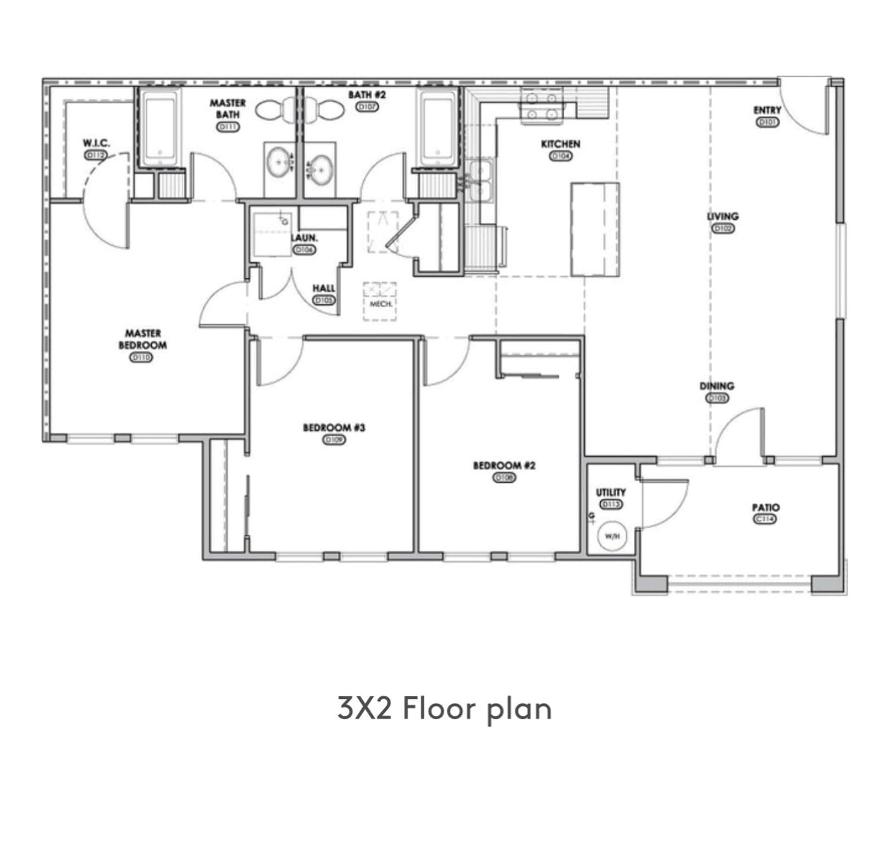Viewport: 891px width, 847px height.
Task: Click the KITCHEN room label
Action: (x=560, y=144)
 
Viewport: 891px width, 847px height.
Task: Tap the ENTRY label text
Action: (x=767, y=110)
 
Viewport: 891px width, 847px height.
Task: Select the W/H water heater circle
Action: (x=612, y=536)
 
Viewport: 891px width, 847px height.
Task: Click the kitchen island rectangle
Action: (x=595, y=229)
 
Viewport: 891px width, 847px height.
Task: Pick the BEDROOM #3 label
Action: (x=334, y=427)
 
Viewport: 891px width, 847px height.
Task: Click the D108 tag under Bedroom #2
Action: (x=504, y=478)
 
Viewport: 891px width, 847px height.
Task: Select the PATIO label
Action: (x=766, y=507)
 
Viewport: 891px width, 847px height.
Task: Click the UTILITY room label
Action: (x=611, y=492)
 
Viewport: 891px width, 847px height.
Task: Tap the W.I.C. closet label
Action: (x=96, y=142)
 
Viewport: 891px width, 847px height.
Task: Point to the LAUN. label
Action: (x=304, y=238)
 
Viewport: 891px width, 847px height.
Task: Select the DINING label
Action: (x=717, y=386)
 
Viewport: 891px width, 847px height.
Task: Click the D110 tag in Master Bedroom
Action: (x=141, y=358)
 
